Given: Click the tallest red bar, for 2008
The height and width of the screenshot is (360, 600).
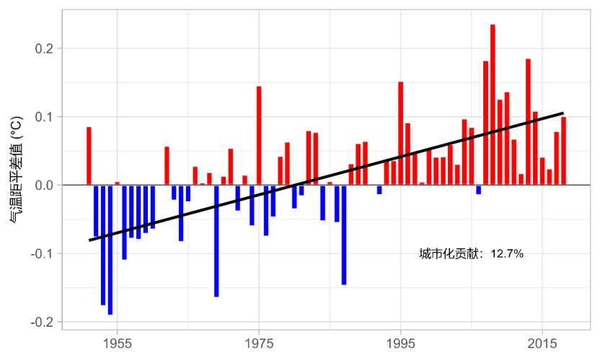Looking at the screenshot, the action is (493, 105).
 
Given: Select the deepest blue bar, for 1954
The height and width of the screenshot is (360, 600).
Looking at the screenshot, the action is (110, 250).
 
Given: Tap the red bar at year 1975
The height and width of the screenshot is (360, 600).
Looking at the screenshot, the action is (259, 136).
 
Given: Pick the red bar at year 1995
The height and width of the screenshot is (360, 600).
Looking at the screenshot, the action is (401, 133).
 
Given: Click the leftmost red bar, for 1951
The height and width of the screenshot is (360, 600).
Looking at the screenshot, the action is (89, 156).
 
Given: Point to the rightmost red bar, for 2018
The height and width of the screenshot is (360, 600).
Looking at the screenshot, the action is (563, 151).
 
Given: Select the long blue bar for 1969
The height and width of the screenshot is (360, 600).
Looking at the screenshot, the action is (216, 241).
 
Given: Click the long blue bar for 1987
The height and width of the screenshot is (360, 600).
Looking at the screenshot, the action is (344, 234).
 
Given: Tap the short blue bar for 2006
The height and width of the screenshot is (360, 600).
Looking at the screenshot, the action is (478, 190).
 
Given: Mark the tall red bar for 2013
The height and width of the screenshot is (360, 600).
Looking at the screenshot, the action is (528, 122).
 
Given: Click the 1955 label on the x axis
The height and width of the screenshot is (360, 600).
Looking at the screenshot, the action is (117, 343).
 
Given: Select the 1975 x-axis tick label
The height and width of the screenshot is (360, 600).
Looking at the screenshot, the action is (259, 343).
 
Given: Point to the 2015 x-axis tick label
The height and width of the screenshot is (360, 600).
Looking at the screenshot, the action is (542, 343).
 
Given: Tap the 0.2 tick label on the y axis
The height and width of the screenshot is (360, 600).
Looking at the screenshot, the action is (44, 48).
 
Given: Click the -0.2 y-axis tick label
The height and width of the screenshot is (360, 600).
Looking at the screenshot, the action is (42, 322).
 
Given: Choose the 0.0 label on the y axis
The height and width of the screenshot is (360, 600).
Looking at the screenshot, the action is (44, 185).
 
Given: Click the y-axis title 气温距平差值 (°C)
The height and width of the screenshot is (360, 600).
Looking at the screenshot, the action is (16, 170).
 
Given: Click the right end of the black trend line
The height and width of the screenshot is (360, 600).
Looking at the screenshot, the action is (563, 113).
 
